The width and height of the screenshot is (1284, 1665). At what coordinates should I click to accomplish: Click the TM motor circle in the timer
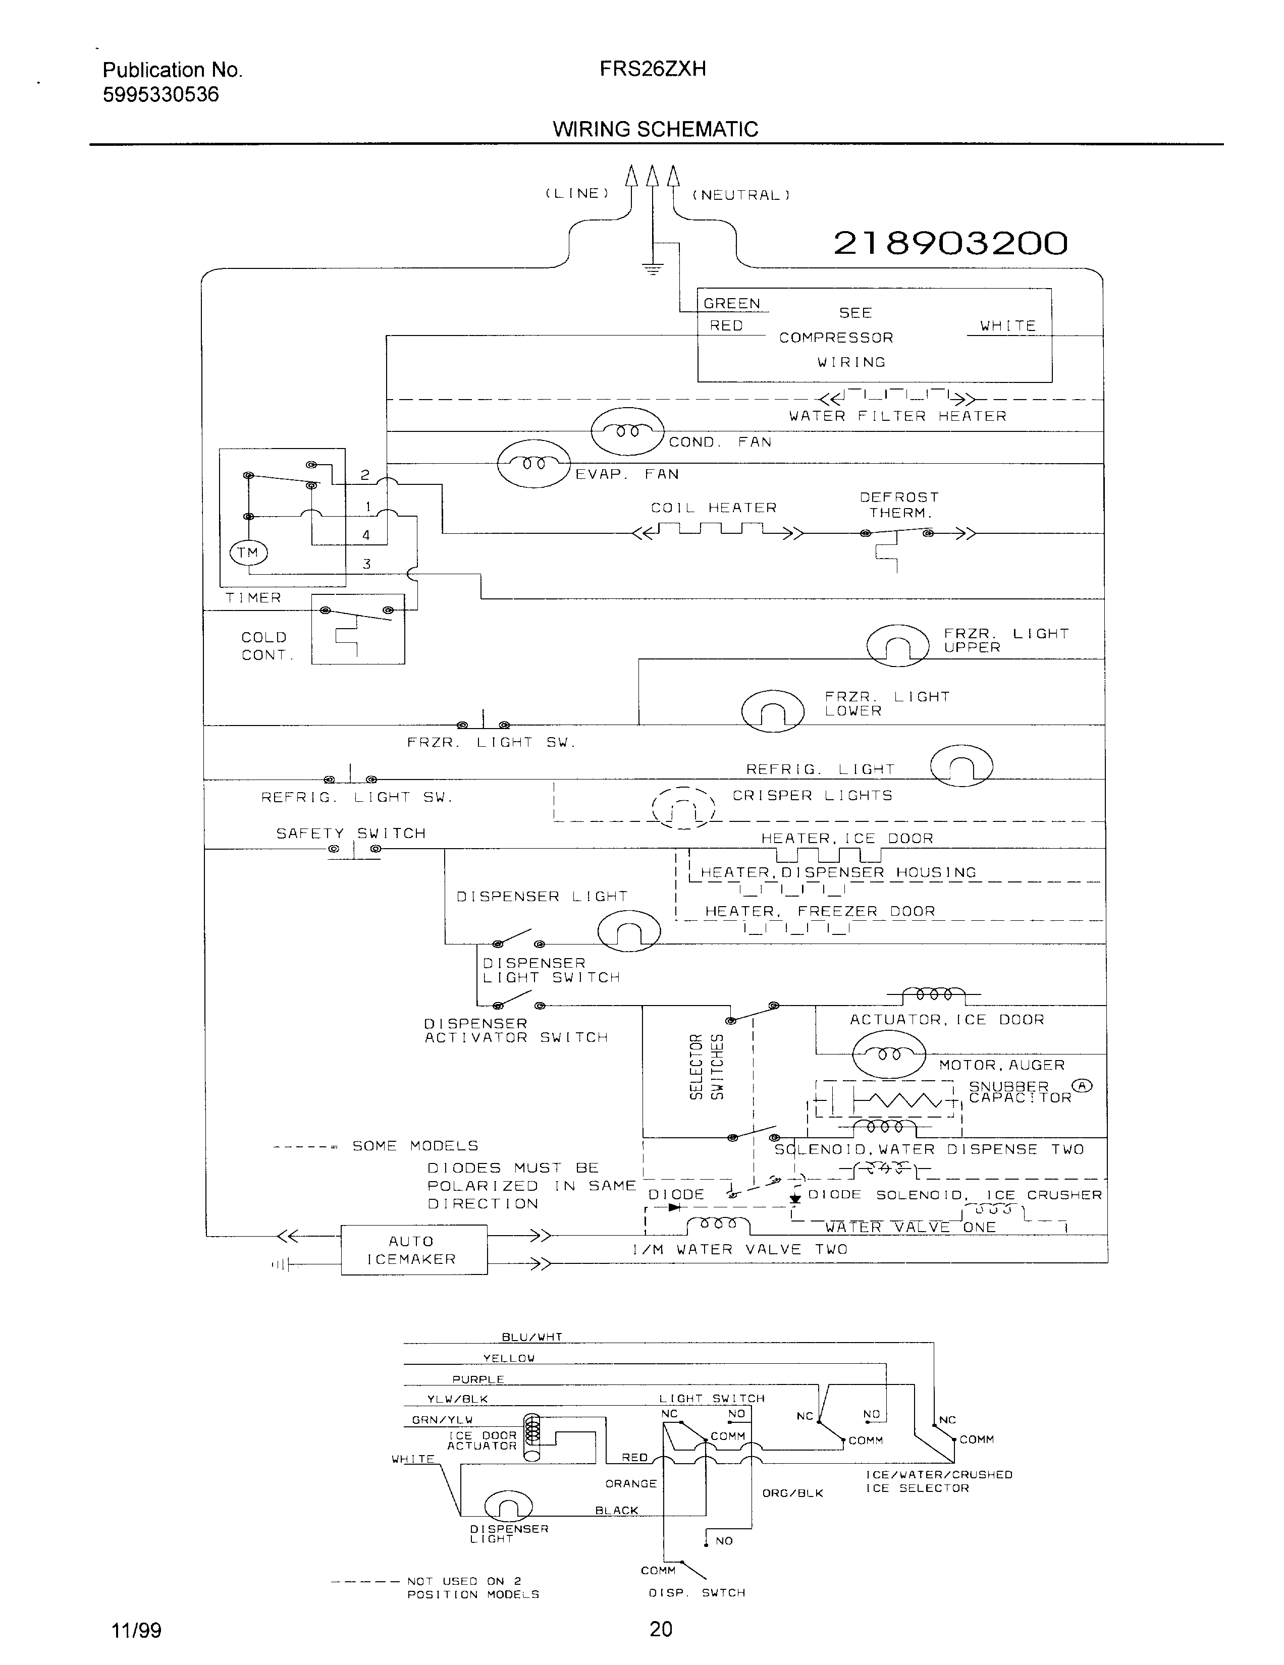coord(248,552)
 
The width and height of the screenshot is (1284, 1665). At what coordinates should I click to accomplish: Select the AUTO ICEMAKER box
coord(413,1250)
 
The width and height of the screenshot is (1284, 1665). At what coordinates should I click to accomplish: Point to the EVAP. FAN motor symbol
coord(533,464)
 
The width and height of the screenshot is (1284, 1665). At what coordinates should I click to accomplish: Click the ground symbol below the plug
coord(652,268)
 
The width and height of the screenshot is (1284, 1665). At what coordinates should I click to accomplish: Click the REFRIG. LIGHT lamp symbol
coord(961,765)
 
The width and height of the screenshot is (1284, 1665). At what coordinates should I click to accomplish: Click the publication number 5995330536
coord(161,94)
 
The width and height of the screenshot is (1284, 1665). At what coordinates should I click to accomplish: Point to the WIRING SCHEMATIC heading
coord(655,129)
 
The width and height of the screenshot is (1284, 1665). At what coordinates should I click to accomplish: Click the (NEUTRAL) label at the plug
coord(740,195)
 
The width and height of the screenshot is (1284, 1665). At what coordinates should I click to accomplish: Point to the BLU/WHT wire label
coord(531,1337)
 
